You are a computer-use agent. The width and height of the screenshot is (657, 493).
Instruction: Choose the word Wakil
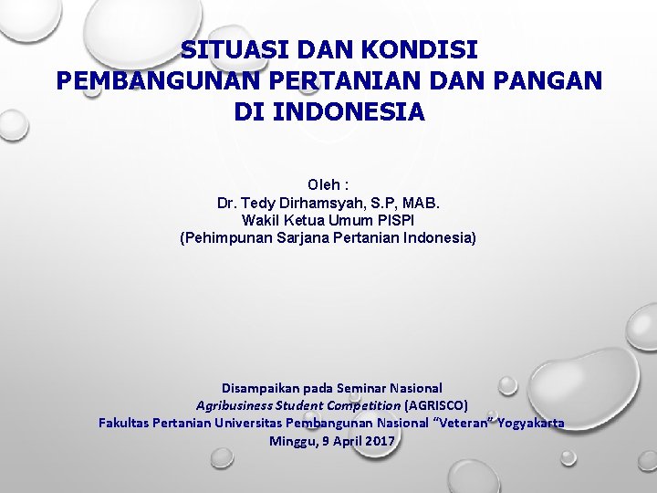point(259,220)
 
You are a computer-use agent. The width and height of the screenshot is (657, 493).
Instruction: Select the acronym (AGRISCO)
point(435,405)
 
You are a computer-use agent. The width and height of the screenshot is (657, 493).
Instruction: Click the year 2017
point(379,441)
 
